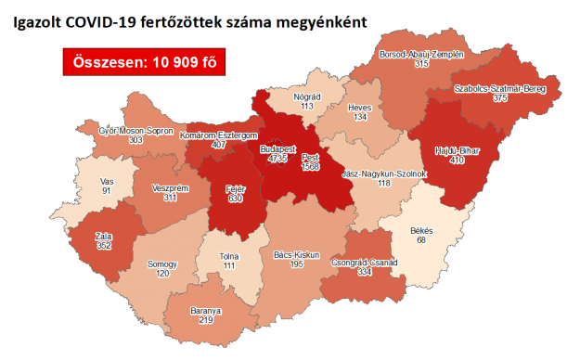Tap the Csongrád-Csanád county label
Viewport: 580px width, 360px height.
point(365,263)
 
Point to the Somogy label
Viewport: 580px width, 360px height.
point(162,264)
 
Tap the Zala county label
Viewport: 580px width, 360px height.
point(103,236)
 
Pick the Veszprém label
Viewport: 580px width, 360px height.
point(171,187)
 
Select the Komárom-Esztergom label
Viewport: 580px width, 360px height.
point(218,135)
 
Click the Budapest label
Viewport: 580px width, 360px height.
point(277,148)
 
